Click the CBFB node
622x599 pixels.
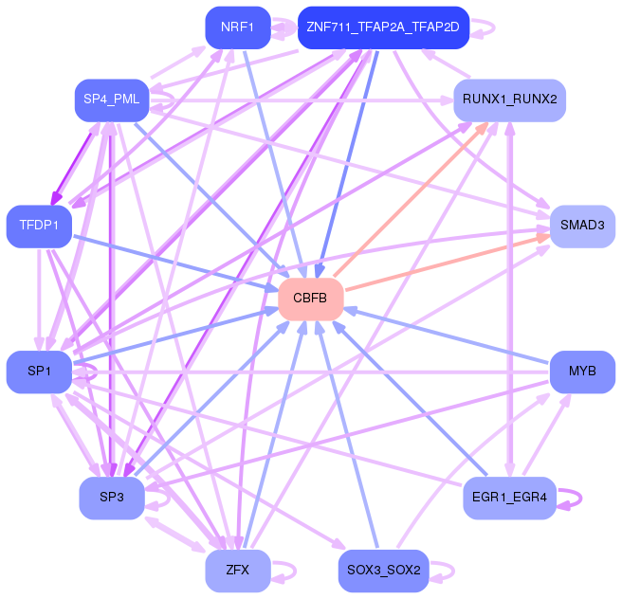311,299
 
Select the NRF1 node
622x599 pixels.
238,27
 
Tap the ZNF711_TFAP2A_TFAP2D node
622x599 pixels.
383,27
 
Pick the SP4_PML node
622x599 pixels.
112,100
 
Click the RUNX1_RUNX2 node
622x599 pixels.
510,100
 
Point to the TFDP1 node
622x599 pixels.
39,227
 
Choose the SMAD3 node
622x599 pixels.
582,227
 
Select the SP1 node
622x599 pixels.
39,372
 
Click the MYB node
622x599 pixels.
582,372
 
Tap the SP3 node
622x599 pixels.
112,498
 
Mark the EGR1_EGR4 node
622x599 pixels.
510,498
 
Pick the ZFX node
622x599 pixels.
238,571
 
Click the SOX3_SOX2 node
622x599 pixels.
383,571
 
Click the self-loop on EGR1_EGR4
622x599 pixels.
580,498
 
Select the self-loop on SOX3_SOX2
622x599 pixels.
453,571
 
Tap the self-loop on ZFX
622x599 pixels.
296,571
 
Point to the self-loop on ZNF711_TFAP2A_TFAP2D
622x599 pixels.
494,27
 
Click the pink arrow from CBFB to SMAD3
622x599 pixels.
448,263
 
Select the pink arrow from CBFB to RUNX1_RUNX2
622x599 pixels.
411,199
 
